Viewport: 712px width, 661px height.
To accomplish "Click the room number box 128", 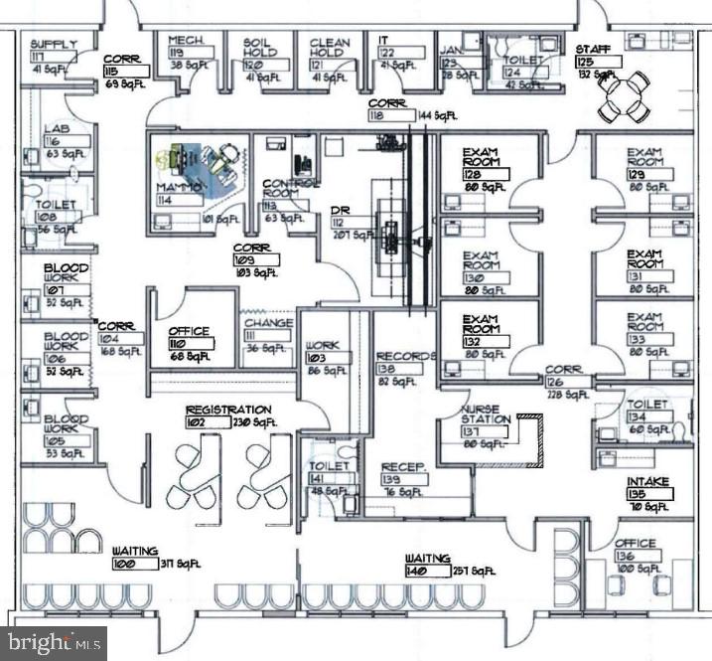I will click(x=485, y=174).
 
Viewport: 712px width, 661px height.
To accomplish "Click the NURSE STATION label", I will click(x=485, y=413).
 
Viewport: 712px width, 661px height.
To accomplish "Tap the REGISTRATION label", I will click(x=228, y=410).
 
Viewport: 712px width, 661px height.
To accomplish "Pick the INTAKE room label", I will click(x=647, y=482).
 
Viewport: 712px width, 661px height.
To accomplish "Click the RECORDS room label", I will click(x=406, y=356).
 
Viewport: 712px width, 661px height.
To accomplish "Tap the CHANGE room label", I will click(x=269, y=323).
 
